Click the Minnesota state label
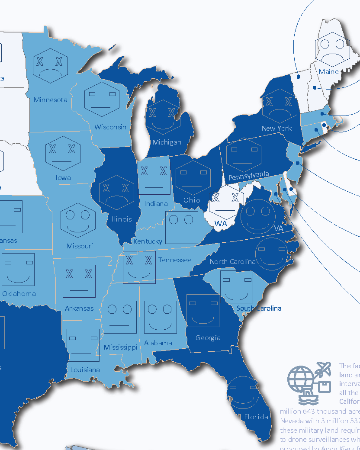(51, 100)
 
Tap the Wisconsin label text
(110, 127)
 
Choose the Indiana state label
(156, 203)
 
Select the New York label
(276, 128)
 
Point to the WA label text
(221, 223)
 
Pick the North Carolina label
(232, 262)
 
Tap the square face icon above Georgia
(202, 311)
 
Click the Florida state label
(256, 417)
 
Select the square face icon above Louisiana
(83, 345)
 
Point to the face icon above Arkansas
(79, 281)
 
